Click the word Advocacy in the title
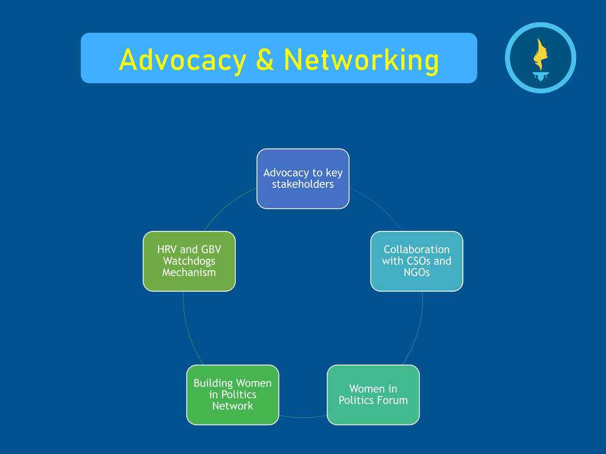pos(182,59)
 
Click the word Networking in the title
pos(361,60)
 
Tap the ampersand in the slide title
pos(265,59)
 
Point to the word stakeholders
pos(303,184)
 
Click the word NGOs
pos(416,272)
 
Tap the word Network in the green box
pos(232,406)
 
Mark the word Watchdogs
pos(189,261)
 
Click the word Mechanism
pos(189,272)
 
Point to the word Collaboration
pos(416,249)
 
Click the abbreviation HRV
pos(168,250)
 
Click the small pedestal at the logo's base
pos(540,76)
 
